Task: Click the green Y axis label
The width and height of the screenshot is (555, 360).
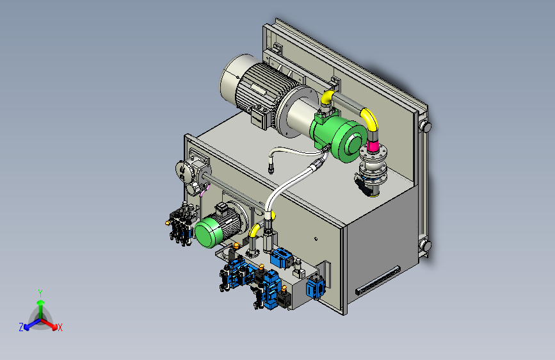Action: (x=40, y=293)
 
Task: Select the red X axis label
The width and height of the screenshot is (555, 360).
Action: (x=60, y=327)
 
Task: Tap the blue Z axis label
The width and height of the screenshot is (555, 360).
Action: (x=21, y=327)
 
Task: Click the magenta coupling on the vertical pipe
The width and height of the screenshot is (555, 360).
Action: (x=373, y=146)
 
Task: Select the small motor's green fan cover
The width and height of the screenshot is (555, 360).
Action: (x=208, y=232)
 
